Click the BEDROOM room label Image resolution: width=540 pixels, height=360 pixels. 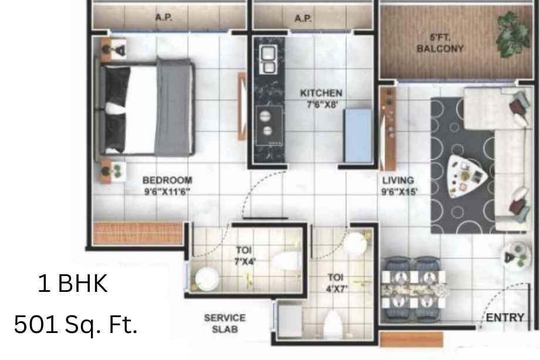(167, 180)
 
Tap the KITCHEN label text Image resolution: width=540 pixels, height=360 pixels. (321, 93)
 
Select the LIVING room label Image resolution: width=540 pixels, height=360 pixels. (398, 180)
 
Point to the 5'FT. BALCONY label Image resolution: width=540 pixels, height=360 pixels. (440, 43)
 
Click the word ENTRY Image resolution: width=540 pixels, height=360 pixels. (505, 317)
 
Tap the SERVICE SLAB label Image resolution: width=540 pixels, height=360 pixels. (225, 324)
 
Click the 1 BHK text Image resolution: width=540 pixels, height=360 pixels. (72, 284)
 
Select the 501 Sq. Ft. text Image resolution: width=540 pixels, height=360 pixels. (76, 324)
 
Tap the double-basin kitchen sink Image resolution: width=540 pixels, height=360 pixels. (268, 59)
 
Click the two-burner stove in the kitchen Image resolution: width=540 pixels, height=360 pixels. (269, 126)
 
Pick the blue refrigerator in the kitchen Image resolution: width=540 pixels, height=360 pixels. (358, 136)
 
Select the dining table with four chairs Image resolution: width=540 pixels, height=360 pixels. (413, 289)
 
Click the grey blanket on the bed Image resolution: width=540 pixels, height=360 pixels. (174, 107)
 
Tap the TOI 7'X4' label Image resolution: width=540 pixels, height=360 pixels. (244, 255)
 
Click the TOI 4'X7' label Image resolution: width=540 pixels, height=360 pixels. (336, 283)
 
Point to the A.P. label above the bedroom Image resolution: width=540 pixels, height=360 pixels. (164, 17)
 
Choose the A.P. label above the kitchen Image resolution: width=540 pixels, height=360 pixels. (303, 18)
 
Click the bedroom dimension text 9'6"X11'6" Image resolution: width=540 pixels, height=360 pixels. (167, 191)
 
